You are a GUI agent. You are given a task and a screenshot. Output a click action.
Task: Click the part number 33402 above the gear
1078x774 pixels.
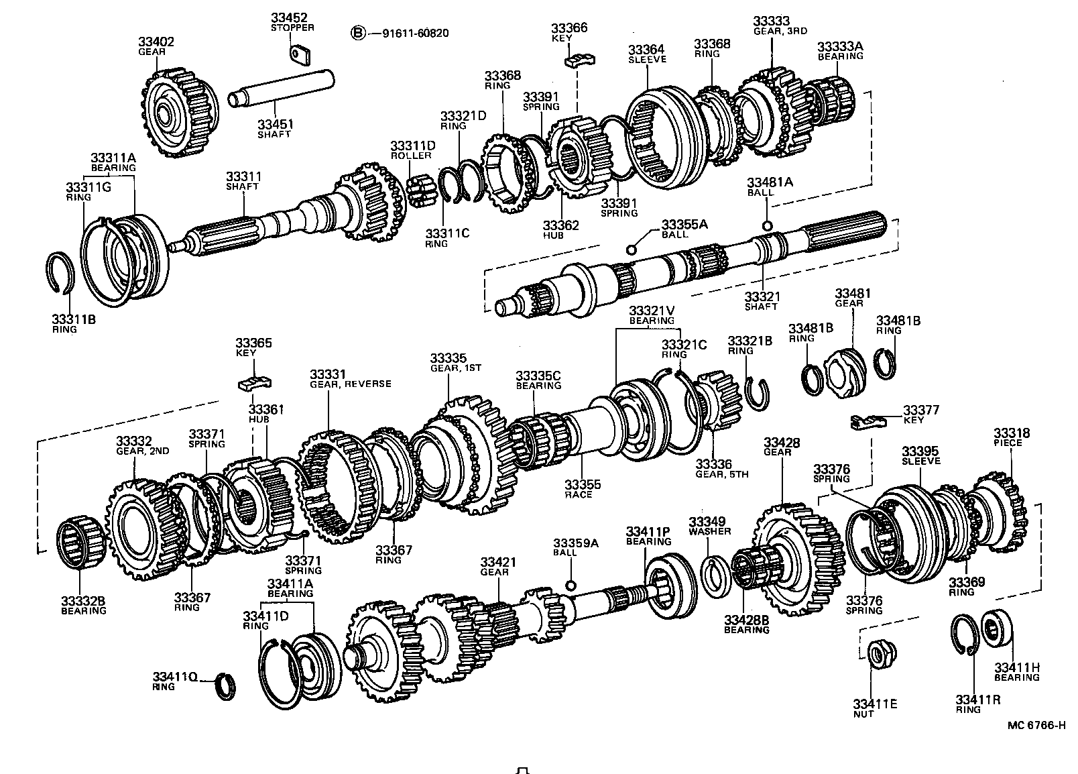(156, 42)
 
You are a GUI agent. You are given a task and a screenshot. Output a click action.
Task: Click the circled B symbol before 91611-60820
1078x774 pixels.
(360, 32)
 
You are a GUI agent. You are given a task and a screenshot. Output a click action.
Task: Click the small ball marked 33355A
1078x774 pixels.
(630, 250)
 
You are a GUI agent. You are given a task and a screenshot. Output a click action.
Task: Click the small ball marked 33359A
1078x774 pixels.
(571, 586)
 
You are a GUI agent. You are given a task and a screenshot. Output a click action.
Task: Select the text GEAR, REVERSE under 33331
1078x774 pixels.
(350, 384)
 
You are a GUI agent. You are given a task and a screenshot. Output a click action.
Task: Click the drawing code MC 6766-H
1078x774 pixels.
(1035, 725)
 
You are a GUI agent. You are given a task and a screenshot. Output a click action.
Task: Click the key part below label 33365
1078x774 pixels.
(254, 384)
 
